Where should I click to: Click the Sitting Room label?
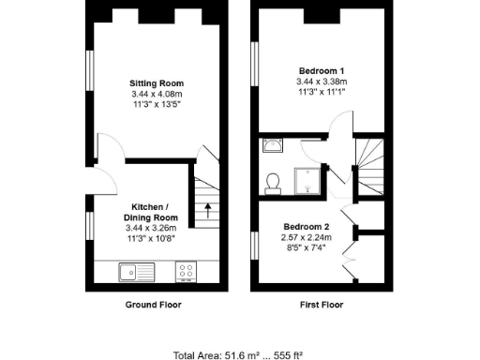157,83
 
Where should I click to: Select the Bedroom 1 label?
322,71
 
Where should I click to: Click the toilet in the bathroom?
273,180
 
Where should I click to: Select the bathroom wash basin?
273,145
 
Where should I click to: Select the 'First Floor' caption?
319,305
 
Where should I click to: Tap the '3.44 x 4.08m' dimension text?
157,94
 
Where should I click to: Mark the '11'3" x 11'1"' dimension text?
322,92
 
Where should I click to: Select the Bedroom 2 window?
256,246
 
